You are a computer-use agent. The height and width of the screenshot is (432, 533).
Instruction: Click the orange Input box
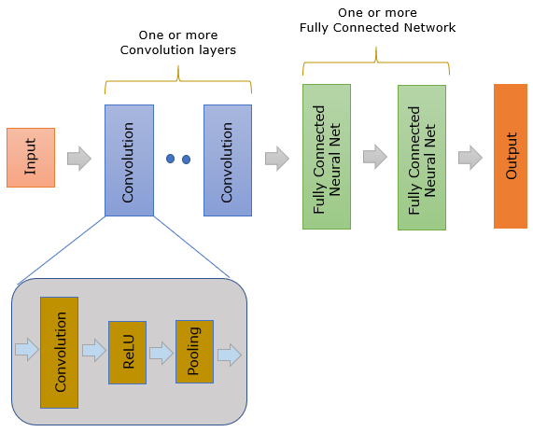tap(31, 158)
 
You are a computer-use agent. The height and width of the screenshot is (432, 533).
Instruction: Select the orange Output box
tap(511, 156)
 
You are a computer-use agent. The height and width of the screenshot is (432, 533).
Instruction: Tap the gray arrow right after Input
tap(79, 159)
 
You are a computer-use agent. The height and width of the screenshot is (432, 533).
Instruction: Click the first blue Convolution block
tap(129, 160)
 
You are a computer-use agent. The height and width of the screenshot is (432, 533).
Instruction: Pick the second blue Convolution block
tap(228, 160)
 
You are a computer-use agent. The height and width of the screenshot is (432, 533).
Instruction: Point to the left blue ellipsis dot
tap(170, 159)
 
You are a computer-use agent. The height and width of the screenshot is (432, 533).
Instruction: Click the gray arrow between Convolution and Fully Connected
tap(277, 159)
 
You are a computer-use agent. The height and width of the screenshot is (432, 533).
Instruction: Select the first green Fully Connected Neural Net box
tap(327, 157)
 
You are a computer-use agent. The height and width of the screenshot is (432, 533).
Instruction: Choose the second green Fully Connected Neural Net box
tap(422, 158)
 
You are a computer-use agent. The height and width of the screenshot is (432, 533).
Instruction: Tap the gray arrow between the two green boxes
tap(375, 157)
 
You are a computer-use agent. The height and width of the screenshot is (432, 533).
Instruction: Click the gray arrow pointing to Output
tap(470, 158)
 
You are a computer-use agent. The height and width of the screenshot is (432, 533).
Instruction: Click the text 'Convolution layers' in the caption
tap(178, 50)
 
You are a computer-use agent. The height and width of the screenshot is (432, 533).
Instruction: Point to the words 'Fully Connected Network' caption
tap(377, 28)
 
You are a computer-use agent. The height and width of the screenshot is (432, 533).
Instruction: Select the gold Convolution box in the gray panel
tap(59, 353)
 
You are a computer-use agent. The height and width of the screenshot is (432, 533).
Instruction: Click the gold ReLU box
tap(128, 353)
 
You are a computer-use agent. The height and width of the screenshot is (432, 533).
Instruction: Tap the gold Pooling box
tap(194, 352)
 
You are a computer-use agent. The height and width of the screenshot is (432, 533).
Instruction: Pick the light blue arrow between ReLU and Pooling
tap(161, 353)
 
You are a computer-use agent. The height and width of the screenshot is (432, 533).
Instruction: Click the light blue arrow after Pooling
tap(230, 355)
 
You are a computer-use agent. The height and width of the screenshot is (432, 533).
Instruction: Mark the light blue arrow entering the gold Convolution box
tap(27, 349)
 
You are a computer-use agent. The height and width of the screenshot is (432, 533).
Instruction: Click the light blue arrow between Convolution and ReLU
tap(94, 350)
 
